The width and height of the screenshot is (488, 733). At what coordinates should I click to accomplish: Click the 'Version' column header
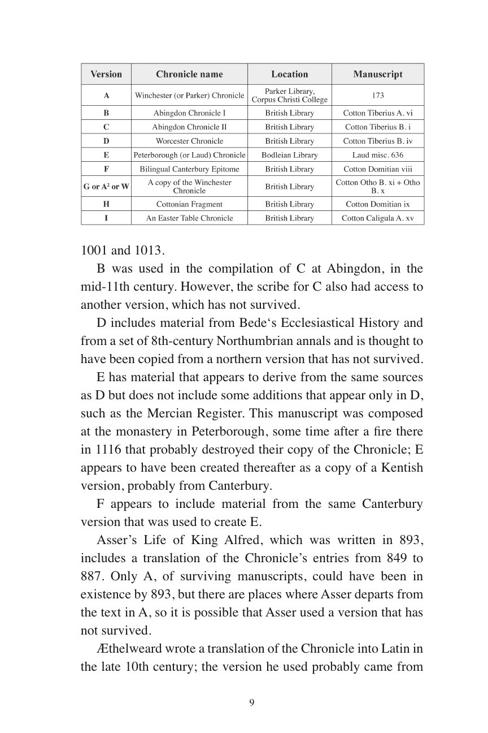coord(106,74)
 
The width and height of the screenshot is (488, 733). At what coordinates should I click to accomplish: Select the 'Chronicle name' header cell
coord(189,74)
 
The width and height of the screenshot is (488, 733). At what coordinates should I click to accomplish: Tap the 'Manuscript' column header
coord(378,74)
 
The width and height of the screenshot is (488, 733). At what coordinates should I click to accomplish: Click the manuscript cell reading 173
coord(378,96)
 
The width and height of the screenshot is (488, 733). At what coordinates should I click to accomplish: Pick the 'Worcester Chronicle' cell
coord(189,141)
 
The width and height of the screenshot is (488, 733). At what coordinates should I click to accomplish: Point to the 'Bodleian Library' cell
coord(289,155)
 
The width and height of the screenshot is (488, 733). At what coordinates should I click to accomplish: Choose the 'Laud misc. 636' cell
coord(378,155)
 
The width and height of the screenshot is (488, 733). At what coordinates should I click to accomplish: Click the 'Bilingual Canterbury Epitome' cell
coord(189,169)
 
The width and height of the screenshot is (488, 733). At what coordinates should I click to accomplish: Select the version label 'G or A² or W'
coord(106,187)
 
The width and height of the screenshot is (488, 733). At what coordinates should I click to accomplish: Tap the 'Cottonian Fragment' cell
coord(189,204)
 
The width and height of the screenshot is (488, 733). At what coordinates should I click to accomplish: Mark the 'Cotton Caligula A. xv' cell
coord(378,218)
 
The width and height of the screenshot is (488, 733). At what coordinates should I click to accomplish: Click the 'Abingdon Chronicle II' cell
coord(189,127)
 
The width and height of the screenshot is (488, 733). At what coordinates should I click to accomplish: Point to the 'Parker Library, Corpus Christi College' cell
coord(289,96)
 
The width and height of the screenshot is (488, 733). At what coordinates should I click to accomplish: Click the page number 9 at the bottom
coord(252,703)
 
